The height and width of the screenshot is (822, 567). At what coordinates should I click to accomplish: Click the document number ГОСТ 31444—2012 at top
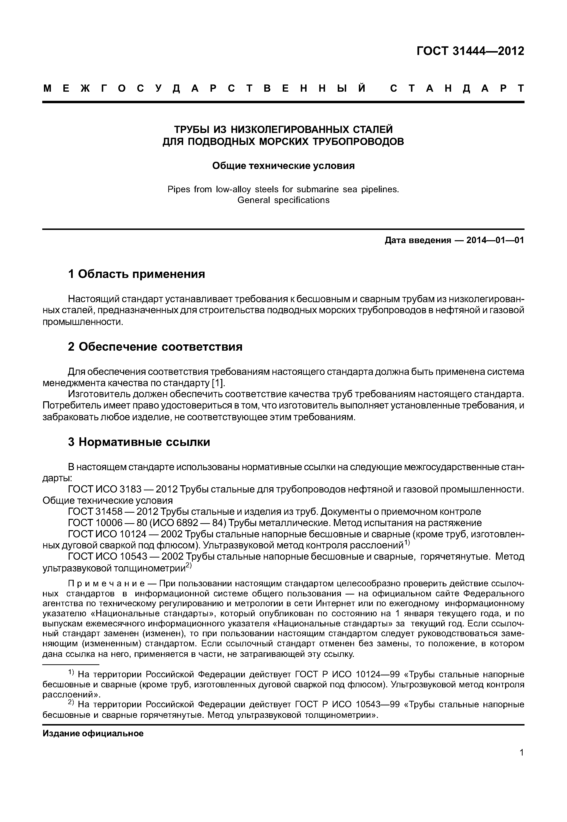[x=470, y=51]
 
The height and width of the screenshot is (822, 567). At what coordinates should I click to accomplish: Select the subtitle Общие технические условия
[x=283, y=166]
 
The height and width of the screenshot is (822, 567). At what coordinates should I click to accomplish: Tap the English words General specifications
[x=283, y=200]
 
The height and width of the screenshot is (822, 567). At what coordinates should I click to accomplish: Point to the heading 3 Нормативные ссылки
[x=139, y=442]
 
